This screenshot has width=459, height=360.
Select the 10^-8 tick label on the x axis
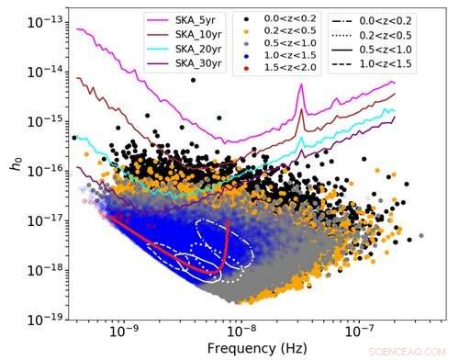pyautogui.click(x=241, y=333)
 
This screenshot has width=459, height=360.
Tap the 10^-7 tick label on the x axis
pyautogui.click(x=362, y=333)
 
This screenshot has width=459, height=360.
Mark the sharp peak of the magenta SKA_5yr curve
pyautogui.click(x=301, y=86)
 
